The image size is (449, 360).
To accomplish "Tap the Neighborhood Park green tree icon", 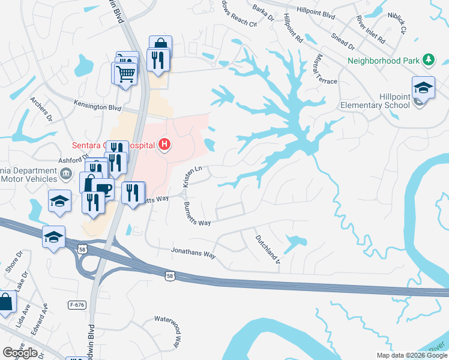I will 428,59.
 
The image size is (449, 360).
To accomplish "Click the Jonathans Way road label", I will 193,253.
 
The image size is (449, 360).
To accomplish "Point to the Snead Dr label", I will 343,41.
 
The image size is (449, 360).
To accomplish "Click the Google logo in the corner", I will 20,353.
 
